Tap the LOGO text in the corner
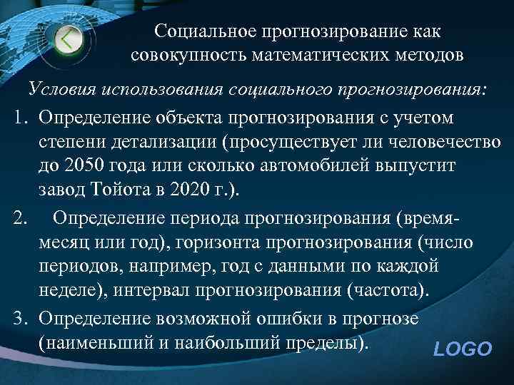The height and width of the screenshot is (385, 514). (x=463, y=349)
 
